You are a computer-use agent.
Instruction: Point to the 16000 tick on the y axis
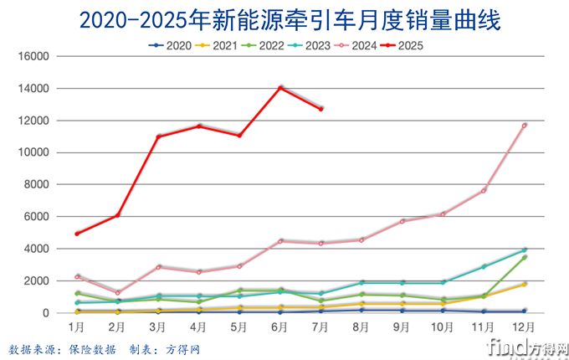pyautogui.click(x=36, y=56)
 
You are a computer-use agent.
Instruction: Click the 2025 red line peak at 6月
pyautogui.click(x=280, y=87)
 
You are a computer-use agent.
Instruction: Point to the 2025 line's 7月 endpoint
pyautogui.click(x=320, y=109)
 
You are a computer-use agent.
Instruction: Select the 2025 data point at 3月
pyautogui.click(x=157, y=136)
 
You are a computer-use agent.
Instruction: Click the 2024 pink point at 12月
pyautogui.click(x=525, y=126)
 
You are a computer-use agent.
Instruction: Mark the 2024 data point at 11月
pyautogui.click(x=484, y=190)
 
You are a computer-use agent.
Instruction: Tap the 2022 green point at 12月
pyautogui.click(x=525, y=257)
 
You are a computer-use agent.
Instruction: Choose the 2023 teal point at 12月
pyautogui.click(x=525, y=249)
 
